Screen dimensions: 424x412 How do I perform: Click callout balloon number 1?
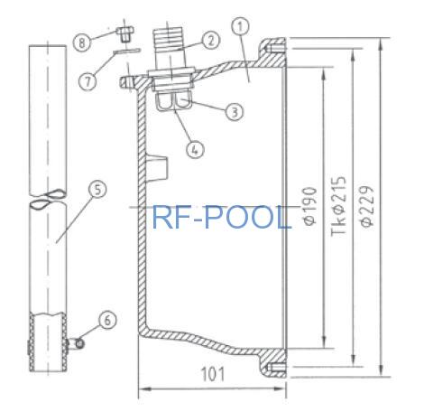241,27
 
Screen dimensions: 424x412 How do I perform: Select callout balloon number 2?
211,40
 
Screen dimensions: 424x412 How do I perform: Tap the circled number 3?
235,112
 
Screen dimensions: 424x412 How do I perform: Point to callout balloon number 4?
195,149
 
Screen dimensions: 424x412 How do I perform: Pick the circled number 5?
97,190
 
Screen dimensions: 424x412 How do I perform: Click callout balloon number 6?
107,320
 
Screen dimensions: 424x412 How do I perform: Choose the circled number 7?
88,81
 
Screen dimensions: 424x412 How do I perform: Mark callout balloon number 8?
82,42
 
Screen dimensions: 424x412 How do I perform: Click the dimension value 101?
213,374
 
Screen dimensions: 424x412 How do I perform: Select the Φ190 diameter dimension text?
310,206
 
